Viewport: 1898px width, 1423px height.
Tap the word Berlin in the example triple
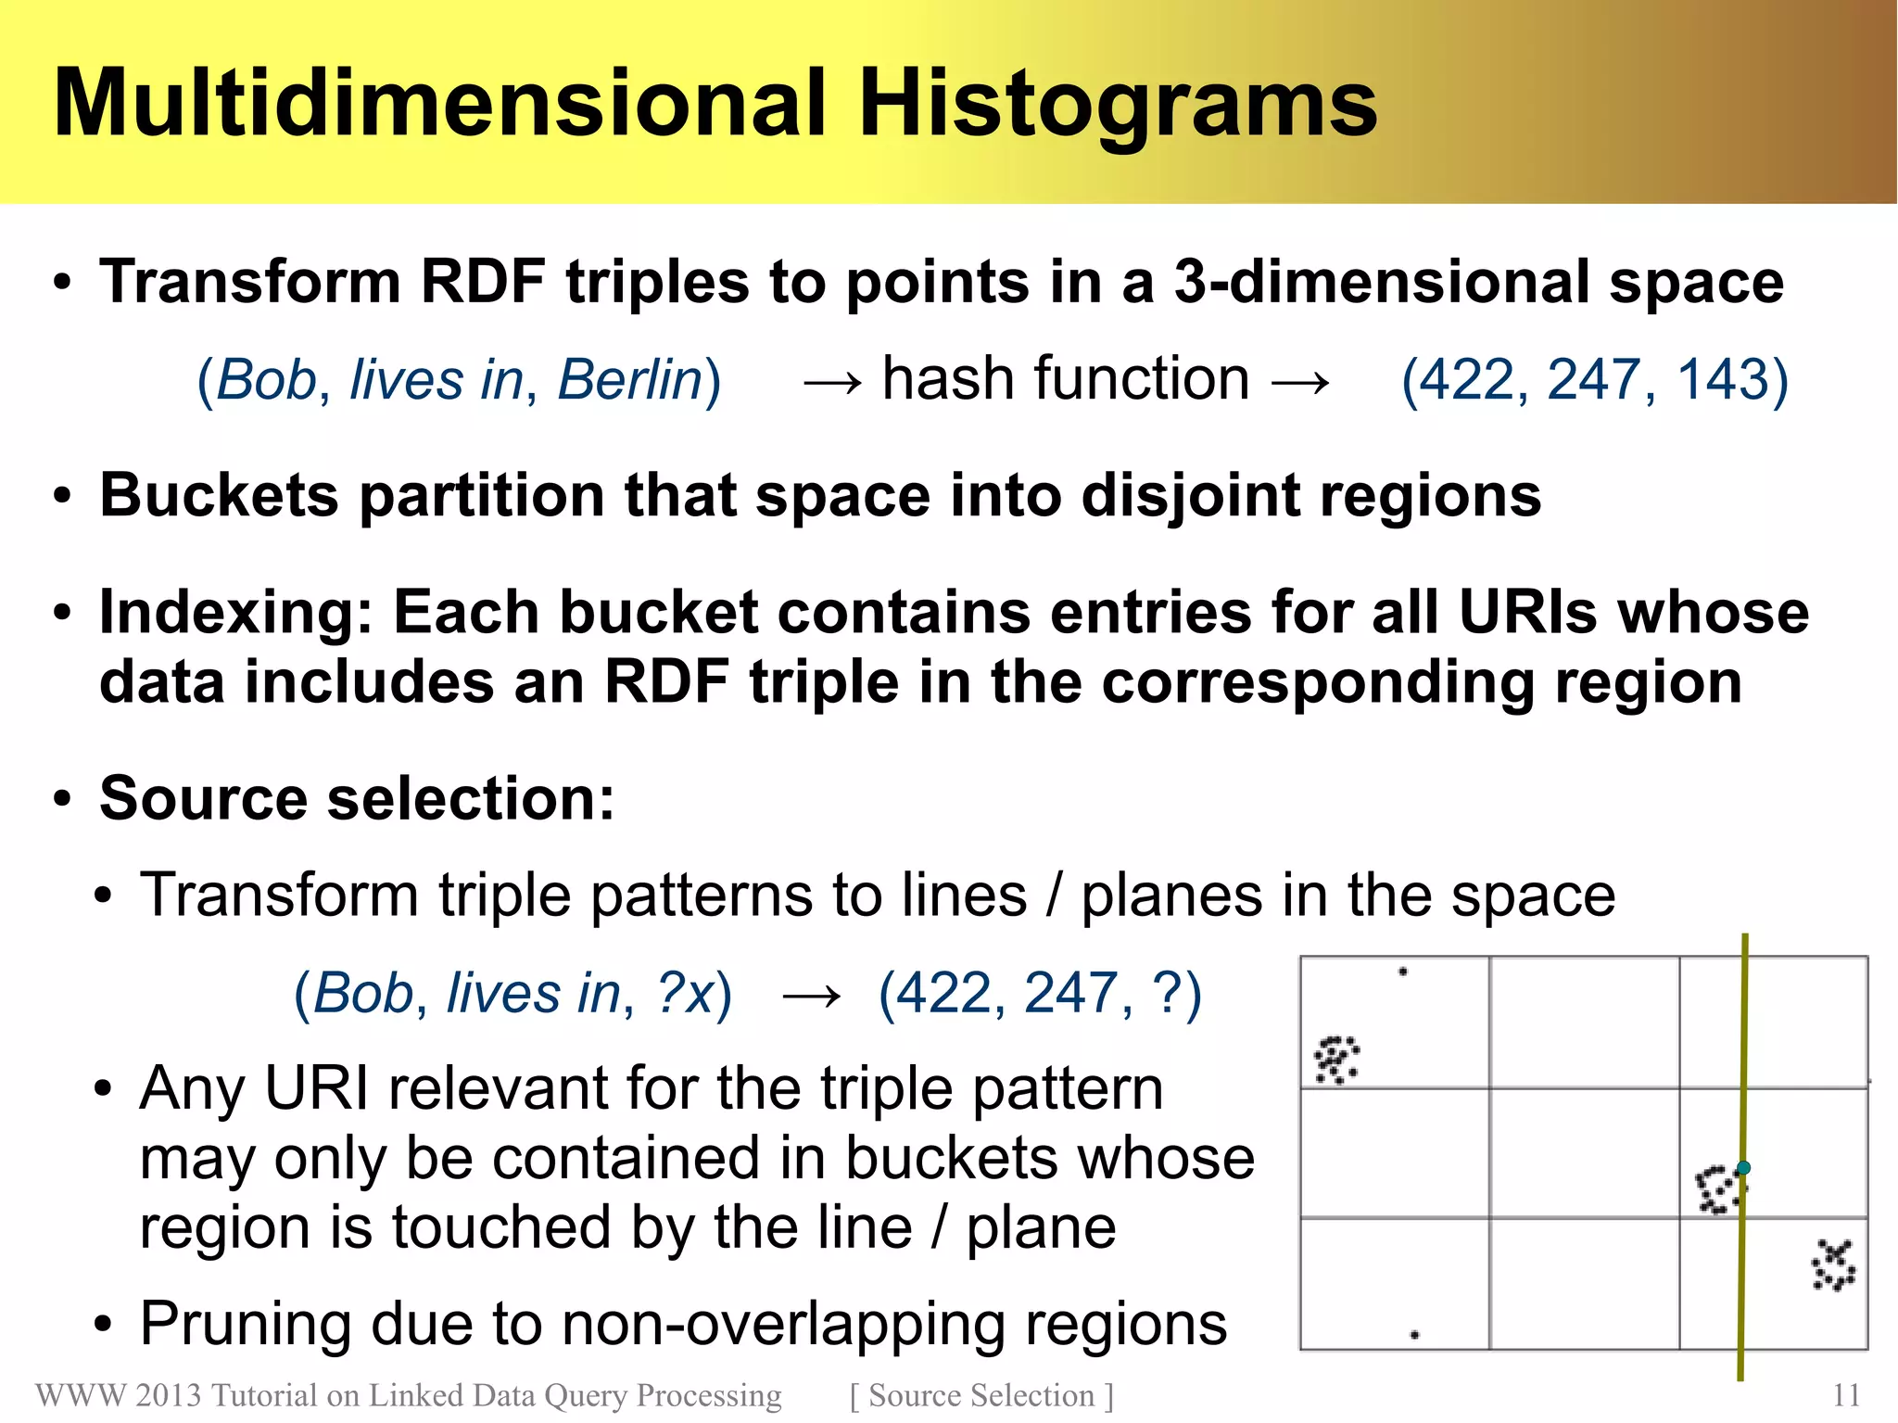click(x=630, y=380)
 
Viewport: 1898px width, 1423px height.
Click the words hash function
click(x=1066, y=379)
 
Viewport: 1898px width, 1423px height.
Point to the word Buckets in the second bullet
click(x=219, y=496)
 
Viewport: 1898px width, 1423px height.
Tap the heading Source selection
click(x=357, y=799)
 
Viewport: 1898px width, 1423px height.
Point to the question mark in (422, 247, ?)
click(x=1165, y=994)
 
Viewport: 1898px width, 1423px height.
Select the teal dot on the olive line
click(x=1743, y=1167)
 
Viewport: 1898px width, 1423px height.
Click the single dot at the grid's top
click(x=1403, y=972)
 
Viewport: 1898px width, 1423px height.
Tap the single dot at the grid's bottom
click(x=1414, y=1335)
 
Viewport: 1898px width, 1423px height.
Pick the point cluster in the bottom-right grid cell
click(x=1833, y=1265)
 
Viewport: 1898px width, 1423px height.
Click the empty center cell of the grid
click(x=1584, y=1152)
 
